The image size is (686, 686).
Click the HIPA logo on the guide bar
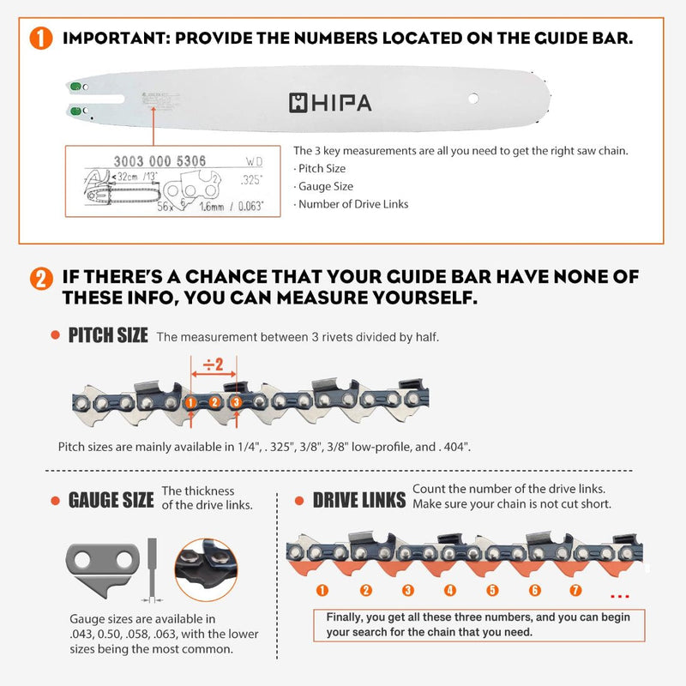coord(330,103)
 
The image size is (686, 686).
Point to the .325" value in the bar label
coord(252,181)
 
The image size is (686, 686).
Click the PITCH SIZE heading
coord(108,335)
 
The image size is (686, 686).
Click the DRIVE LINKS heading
coord(358,500)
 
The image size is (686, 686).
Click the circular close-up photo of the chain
coord(208,568)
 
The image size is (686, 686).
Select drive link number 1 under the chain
coord(322,590)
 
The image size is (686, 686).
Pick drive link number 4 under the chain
coord(450,590)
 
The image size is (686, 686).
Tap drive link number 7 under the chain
coord(576,590)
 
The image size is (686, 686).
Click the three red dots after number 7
coord(622,593)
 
